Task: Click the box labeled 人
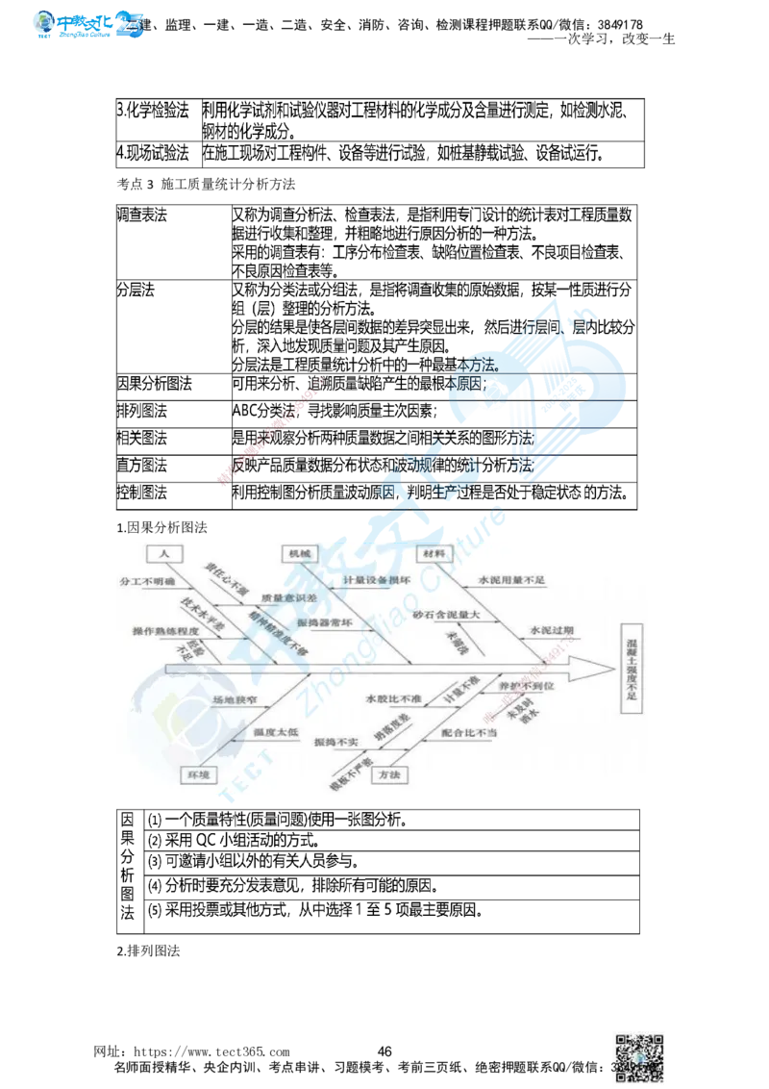(164, 554)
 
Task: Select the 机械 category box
(298, 554)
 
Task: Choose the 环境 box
(199, 773)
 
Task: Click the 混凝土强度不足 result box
(632, 667)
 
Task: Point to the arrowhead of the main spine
(595, 666)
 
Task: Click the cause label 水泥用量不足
(510, 582)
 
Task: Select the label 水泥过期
(551, 630)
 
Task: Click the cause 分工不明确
(146, 582)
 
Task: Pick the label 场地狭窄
(236, 702)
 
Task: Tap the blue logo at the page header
(88, 23)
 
